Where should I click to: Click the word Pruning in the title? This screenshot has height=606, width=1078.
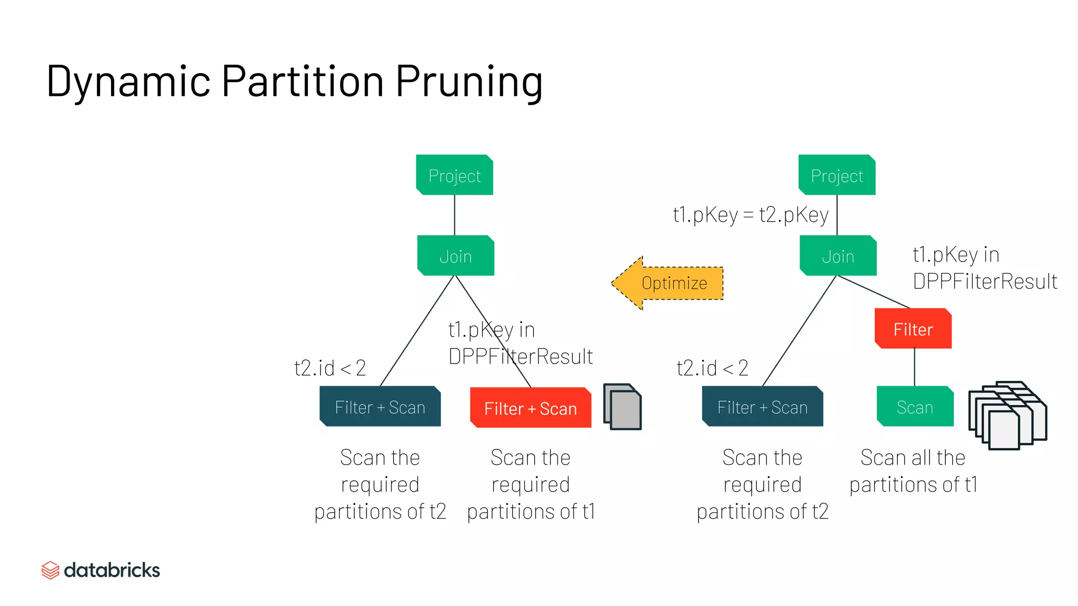(x=468, y=82)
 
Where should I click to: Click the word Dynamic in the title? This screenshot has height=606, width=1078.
(x=129, y=82)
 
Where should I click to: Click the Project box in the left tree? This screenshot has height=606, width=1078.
(x=455, y=175)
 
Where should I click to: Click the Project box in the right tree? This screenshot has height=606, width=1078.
(x=837, y=175)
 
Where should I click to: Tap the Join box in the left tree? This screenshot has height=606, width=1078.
(x=456, y=256)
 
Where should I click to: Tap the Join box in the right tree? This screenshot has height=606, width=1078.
(x=838, y=256)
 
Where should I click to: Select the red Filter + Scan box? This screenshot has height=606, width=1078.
(x=531, y=408)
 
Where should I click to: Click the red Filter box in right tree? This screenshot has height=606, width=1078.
(x=913, y=329)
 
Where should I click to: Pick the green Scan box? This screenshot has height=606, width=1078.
(x=915, y=407)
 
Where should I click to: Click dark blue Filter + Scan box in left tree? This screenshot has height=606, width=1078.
(x=380, y=407)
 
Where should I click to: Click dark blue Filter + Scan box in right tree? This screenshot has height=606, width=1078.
(x=762, y=407)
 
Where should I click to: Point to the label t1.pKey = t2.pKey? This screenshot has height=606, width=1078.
(x=751, y=215)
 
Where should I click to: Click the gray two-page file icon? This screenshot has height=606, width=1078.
(x=623, y=407)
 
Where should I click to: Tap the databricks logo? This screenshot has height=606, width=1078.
(x=101, y=570)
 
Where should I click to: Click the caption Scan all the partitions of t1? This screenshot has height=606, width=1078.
(x=913, y=471)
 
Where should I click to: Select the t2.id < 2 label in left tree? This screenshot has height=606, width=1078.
(x=330, y=368)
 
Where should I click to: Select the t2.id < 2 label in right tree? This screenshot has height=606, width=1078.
(x=712, y=368)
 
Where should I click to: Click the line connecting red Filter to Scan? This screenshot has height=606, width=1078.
(x=914, y=367)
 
